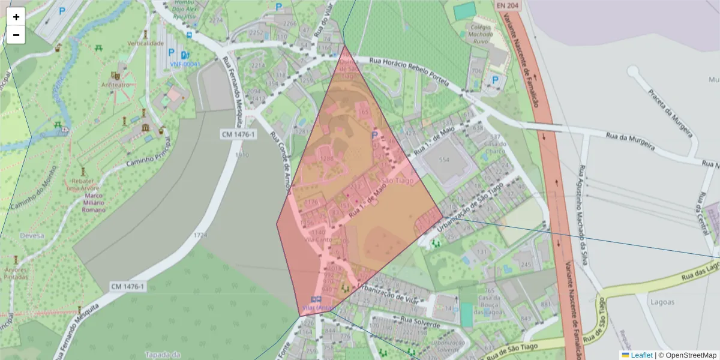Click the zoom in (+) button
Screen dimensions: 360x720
click(16, 17)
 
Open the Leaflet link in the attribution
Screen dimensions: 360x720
click(641, 355)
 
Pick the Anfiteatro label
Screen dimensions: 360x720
click(115, 85)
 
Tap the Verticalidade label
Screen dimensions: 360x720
click(145, 44)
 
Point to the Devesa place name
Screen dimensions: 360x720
click(32, 236)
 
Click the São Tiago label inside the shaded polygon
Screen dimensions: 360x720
click(397, 181)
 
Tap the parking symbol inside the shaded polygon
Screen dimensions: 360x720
click(374, 136)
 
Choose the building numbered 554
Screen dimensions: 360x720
click(444, 160)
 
